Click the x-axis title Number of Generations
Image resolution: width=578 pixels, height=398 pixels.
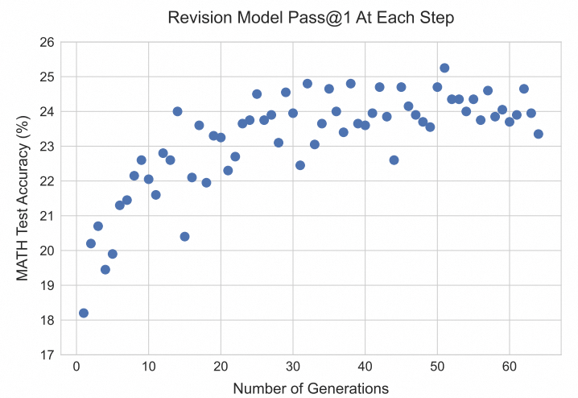click(311, 388)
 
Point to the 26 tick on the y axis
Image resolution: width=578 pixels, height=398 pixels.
click(47, 42)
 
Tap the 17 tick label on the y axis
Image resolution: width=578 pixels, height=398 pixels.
click(47, 354)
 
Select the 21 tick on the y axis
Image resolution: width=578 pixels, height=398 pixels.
click(47, 216)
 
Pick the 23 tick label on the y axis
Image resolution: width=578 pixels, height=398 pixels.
click(47, 147)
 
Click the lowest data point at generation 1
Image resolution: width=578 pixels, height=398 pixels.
click(84, 313)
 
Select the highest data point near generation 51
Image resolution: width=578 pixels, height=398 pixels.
click(444, 68)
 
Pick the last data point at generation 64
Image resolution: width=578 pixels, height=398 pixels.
click(538, 134)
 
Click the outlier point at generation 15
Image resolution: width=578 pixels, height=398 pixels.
click(184, 236)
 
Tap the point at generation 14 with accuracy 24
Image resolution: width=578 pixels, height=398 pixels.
click(177, 111)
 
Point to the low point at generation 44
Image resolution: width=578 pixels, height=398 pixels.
click(394, 160)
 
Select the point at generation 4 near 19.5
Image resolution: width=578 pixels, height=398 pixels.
click(105, 269)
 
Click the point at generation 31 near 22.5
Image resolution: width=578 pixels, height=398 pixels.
click(300, 165)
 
